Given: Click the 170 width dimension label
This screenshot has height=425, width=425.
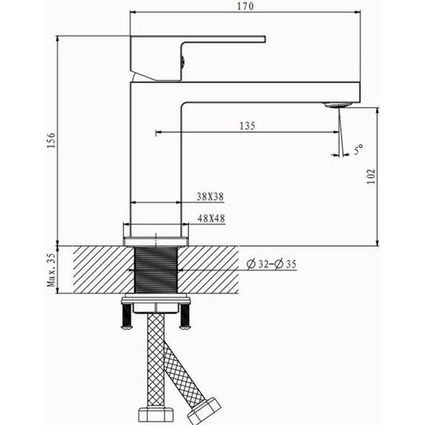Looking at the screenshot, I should [x=247, y=7].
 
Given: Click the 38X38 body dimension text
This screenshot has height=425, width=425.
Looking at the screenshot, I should [x=211, y=197].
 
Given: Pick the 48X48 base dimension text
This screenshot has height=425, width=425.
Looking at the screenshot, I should [x=211, y=218].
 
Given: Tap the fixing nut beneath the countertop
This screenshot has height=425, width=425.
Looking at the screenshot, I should [x=156, y=306].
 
